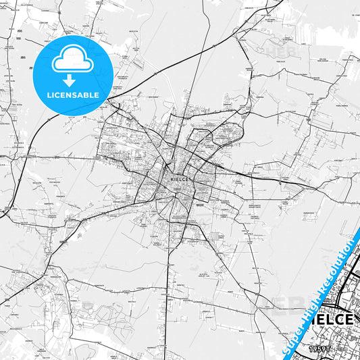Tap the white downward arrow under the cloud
pos(71,80)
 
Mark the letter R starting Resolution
pos(324,284)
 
